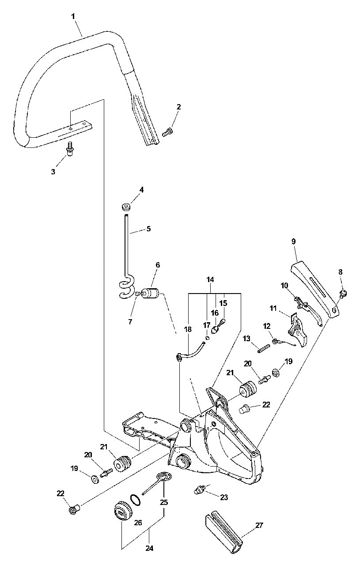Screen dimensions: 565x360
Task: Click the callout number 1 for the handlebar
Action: point(73,16)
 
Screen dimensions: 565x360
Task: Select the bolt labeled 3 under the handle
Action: point(69,153)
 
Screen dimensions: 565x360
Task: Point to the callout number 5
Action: point(148,229)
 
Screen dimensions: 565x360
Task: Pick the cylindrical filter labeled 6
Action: point(152,294)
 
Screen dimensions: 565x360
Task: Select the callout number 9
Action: point(294,241)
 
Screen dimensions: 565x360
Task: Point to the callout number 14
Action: point(210,279)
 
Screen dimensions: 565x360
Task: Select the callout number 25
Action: point(164,502)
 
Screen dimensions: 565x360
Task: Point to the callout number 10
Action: point(284,286)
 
